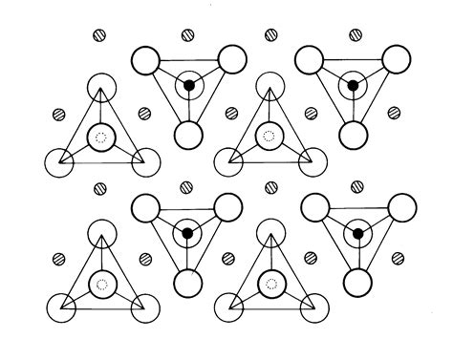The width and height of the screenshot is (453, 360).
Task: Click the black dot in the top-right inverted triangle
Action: click(353, 86)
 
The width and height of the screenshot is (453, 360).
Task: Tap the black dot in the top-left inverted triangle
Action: click(188, 86)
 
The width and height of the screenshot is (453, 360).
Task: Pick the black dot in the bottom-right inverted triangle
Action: click(357, 233)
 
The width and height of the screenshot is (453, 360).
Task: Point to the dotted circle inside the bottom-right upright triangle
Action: click(271, 283)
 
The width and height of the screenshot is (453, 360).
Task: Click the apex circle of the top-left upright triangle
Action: click(101, 91)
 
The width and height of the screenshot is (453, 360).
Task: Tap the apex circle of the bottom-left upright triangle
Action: click(101, 236)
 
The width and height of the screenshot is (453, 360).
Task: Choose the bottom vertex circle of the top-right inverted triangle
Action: click(353, 134)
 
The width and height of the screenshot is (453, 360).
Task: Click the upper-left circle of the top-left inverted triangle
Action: click(146, 61)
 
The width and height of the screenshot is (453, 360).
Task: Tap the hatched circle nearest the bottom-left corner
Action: click(59, 260)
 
